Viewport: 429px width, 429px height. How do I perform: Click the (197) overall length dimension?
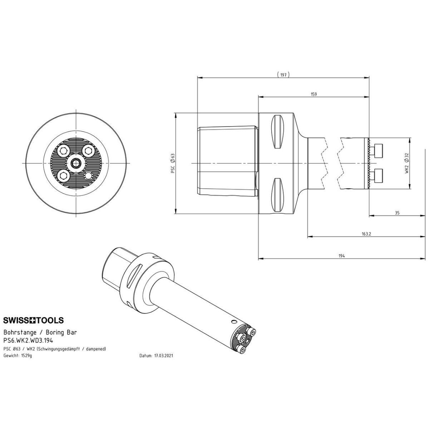coord(283,75)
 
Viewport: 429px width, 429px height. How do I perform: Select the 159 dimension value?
coord(314,94)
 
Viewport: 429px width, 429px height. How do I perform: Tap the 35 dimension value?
coord(397,213)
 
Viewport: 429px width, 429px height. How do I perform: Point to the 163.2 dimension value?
coord(366,234)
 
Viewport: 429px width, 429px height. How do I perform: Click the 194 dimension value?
coord(342,256)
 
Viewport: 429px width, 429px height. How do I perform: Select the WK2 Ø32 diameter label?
coord(407,163)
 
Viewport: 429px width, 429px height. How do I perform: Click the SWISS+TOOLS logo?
coord(33,320)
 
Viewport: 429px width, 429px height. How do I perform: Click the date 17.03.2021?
coord(163,355)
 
